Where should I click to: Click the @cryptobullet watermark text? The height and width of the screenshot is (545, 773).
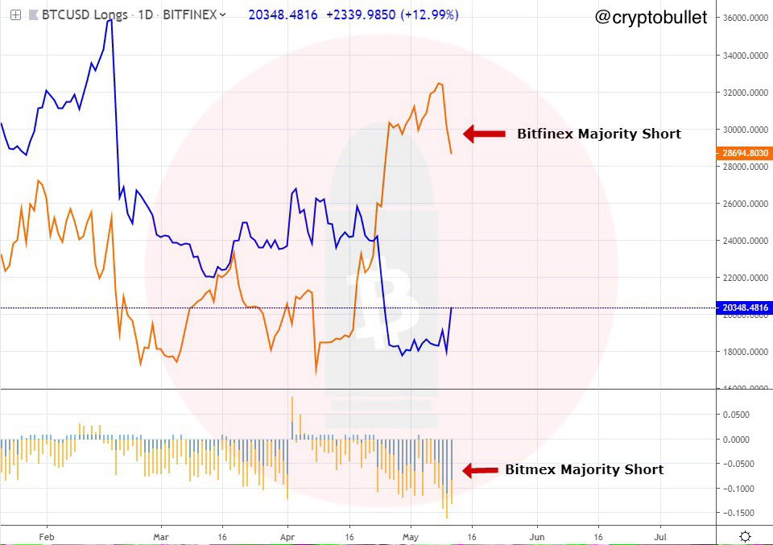pos(651,17)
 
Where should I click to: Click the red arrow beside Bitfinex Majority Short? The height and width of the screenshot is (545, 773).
pos(484,134)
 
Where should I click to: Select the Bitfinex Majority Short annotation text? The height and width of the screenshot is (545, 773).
pos(598,134)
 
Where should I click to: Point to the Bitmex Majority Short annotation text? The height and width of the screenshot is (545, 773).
pos(584,470)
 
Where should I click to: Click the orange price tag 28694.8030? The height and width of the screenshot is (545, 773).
pos(742,152)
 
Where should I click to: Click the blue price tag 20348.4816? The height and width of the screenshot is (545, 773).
pos(742,308)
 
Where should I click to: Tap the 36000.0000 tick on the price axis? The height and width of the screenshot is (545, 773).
pos(743,18)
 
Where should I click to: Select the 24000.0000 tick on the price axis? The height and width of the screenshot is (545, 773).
pos(743,241)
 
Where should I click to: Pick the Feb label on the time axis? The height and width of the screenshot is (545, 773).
pos(46,535)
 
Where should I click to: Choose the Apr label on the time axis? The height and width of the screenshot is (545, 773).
pos(287,535)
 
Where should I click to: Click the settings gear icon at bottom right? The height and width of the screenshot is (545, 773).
pos(746,536)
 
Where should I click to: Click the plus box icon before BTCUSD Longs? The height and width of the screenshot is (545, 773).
pos(15,14)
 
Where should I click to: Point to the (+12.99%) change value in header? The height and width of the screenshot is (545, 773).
pos(432,14)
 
